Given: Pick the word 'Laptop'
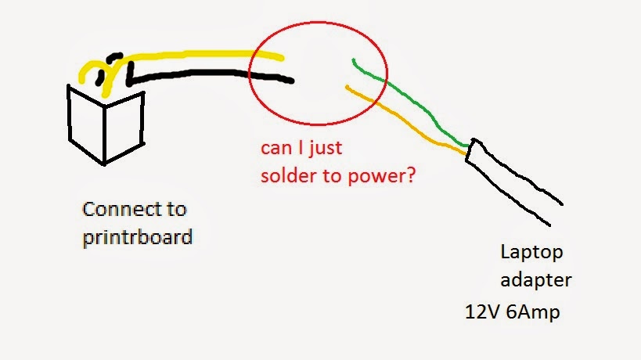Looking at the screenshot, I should [x=531, y=254].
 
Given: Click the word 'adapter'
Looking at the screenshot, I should [x=536, y=279].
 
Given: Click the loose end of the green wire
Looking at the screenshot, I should [x=354, y=60].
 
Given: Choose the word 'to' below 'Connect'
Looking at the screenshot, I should [x=177, y=209].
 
